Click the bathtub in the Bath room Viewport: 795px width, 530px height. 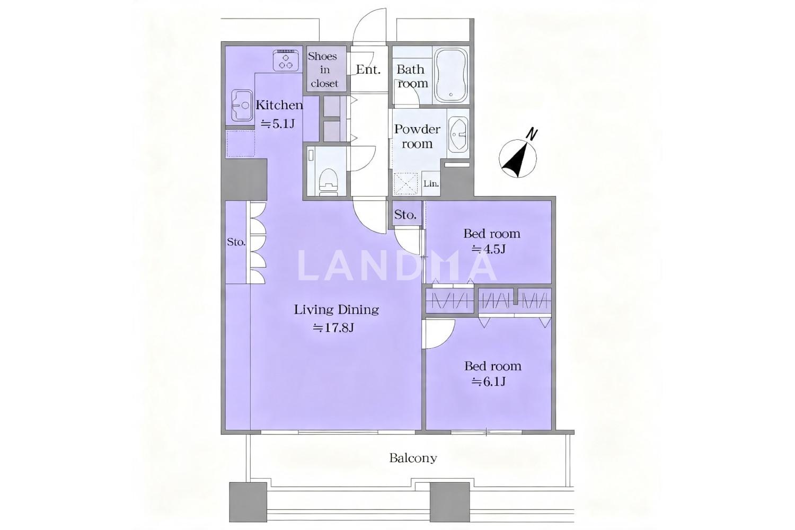click(x=450, y=75)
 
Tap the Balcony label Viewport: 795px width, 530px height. click(x=413, y=458)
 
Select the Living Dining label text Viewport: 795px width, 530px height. click(x=337, y=310)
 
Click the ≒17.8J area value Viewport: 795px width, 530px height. click(x=333, y=328)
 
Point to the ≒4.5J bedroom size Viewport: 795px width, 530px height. click(x=488, y=249)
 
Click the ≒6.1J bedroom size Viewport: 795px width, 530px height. click(x=488, y=382)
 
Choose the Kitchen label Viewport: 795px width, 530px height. click(x=279, y=105)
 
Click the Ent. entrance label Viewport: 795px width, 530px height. click(x=368, y=69)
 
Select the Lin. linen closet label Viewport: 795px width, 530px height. click(x=431, y=184)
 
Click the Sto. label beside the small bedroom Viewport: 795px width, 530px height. click(x=405, y=215)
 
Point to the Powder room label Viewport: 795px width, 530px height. click(x=418, y=136)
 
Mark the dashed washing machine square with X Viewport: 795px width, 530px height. click(x=406, y=183)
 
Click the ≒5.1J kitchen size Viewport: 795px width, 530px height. click(x=278, y=123)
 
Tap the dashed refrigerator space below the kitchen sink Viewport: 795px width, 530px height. click(x=241, y=144)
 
